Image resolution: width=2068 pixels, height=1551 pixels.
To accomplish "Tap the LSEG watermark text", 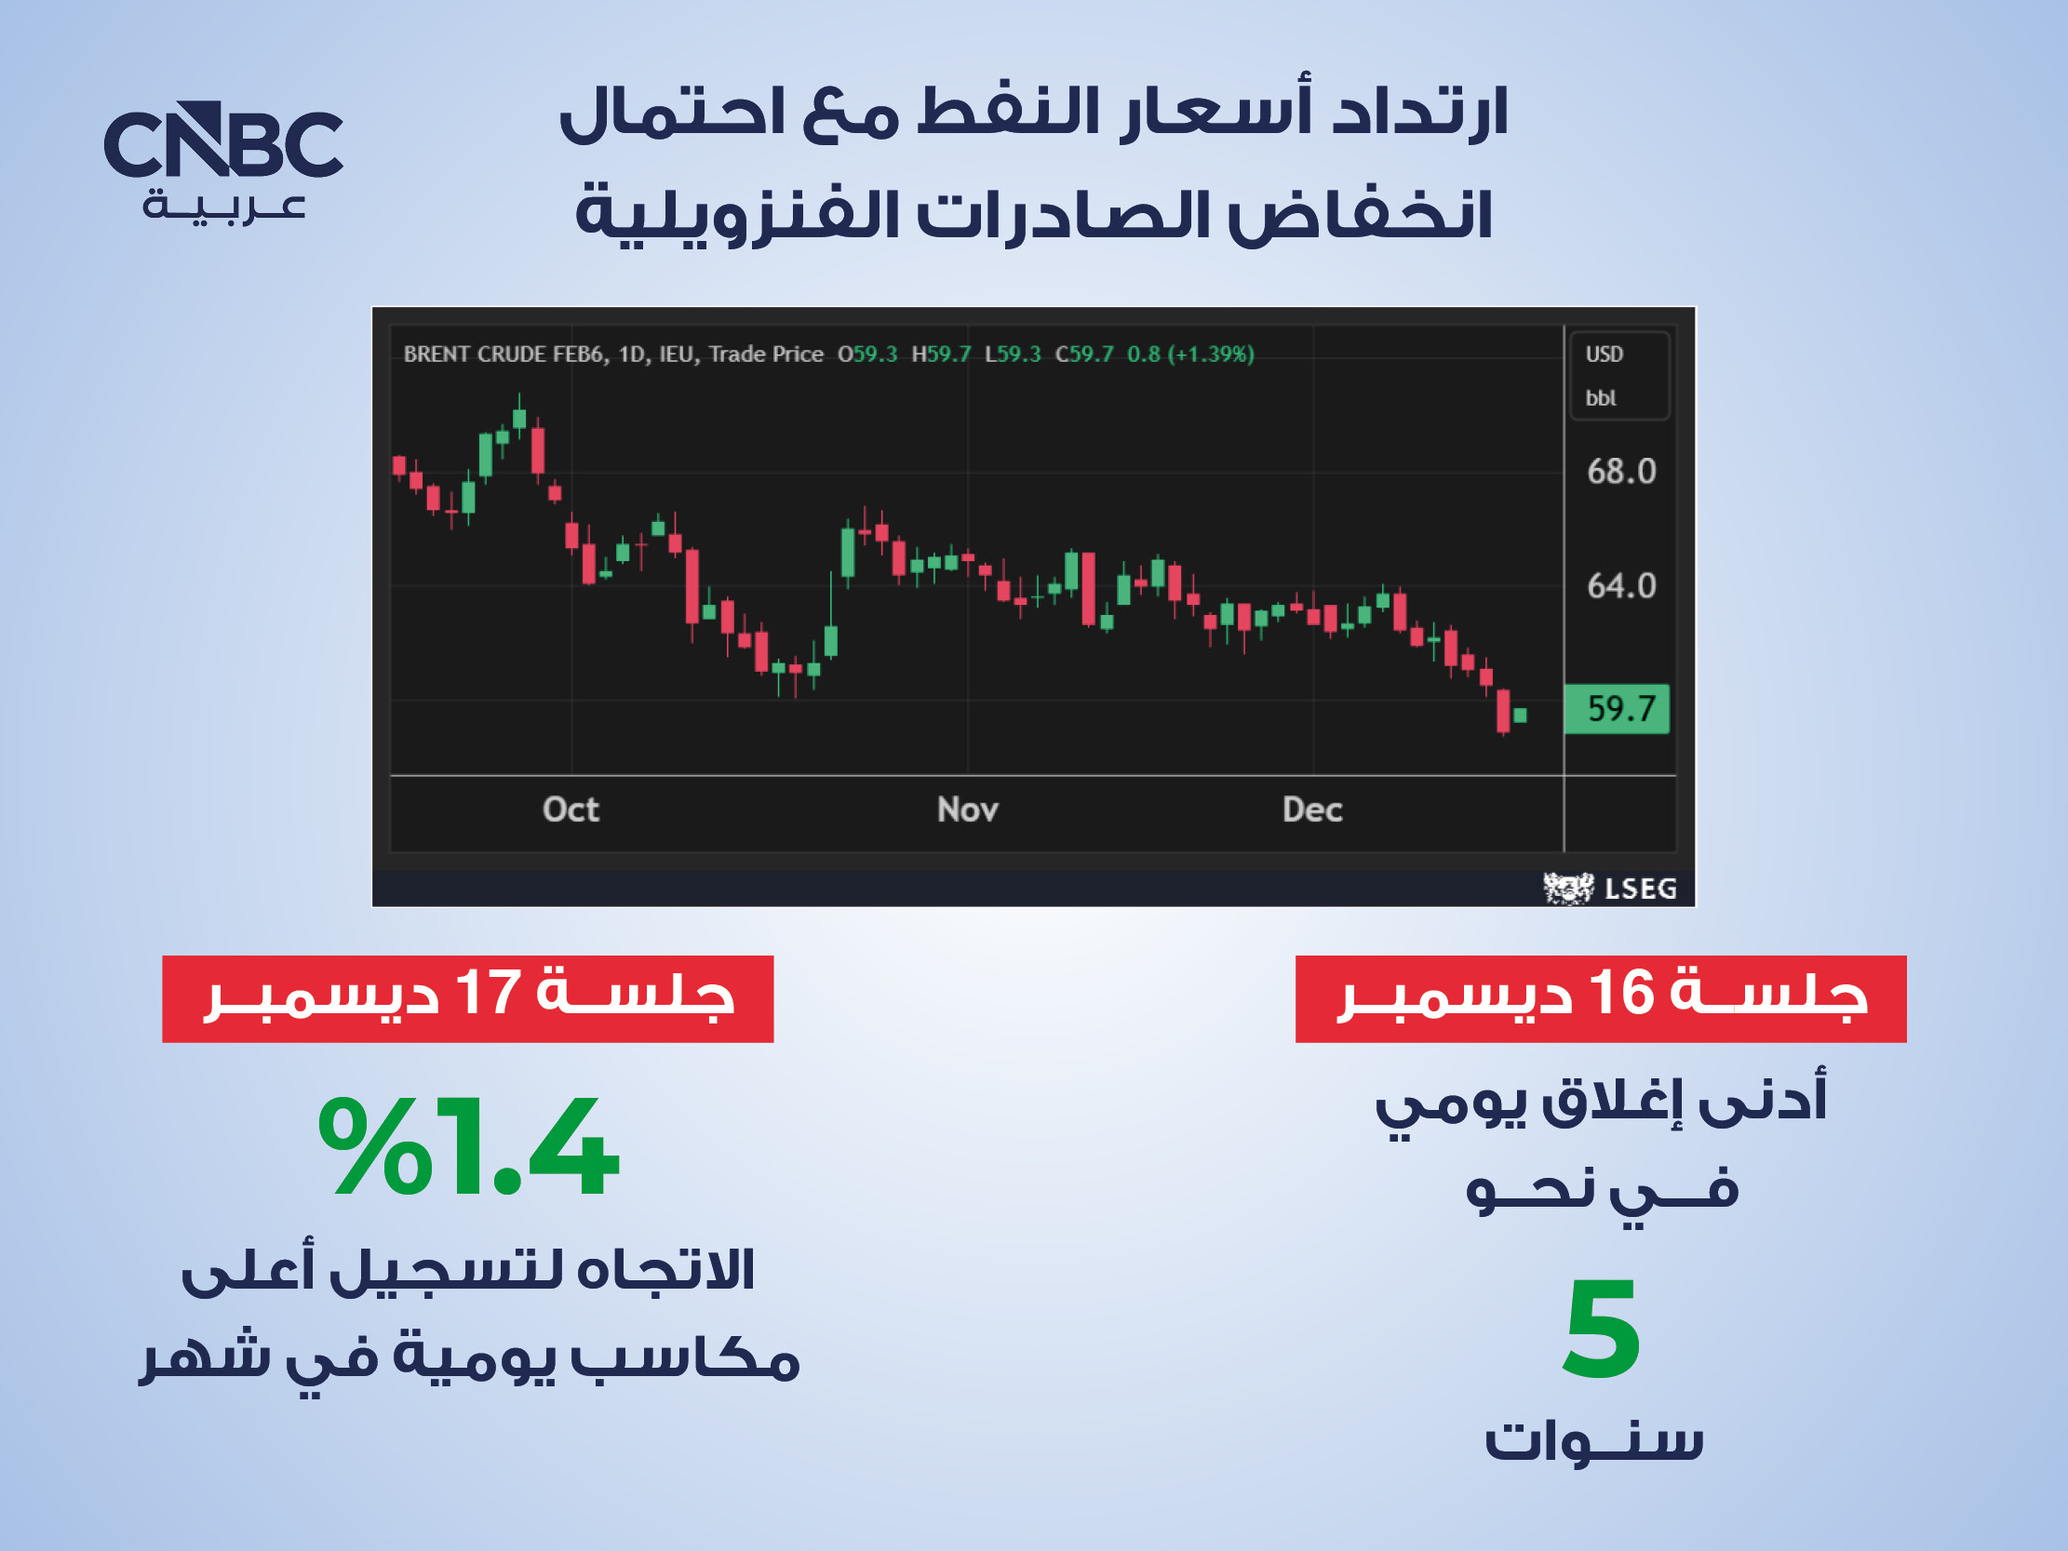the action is [x=1641, y=889].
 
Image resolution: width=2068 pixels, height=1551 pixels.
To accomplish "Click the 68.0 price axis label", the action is [x=1621, y=471].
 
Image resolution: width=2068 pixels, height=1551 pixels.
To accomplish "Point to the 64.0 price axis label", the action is [x=1621, y=586].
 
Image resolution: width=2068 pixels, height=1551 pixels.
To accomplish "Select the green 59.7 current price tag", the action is [x=1617, y=709].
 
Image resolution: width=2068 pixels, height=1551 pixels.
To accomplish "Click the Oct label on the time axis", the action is [x=571, y=809].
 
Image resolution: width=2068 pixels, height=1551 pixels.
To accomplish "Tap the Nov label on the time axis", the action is [x=968, y=809].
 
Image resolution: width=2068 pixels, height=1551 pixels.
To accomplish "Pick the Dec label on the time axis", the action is [x=1312, y=809].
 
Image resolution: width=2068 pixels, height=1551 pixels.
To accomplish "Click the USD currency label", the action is [x=1605, y=354].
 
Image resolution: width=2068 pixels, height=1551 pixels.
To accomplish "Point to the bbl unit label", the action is [x=1601, y=398].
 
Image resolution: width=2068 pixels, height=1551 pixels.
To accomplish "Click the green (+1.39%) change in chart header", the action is [x=1211, y=354].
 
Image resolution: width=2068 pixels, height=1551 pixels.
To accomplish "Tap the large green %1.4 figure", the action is [x=467, y=1147].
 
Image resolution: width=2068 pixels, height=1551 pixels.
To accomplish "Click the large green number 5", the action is [x=1602, y=1330].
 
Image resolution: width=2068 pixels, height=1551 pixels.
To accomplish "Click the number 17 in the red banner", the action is [x=488, y=992].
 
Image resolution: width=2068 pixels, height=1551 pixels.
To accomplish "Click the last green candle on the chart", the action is [x=1520, y=715].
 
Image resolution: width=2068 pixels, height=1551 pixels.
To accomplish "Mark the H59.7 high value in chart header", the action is [x=942, y=354].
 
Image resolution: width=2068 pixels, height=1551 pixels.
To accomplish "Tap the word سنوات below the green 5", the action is [x=1595, y=1439].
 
